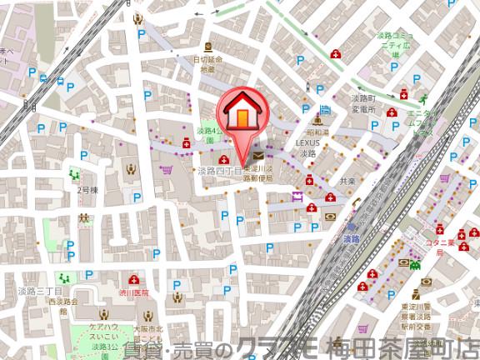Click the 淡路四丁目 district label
pos(218,170)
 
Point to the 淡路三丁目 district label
pos(34,291)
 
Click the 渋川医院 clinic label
pos(133,293)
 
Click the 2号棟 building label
pos(88,190)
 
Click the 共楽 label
pos(348,181)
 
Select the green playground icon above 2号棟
pos(75,175)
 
